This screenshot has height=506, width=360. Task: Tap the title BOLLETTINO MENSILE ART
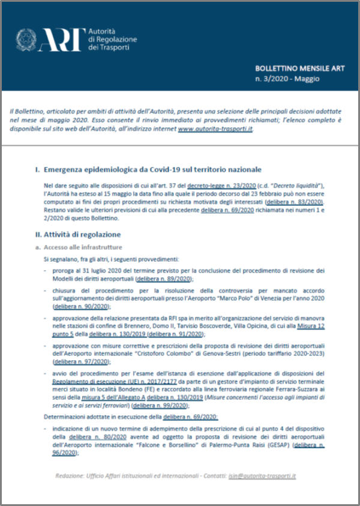click(296, 68)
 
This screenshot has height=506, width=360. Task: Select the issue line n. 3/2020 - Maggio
click(287, 79)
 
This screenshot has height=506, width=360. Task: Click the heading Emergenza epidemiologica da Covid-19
click(152, 170)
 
